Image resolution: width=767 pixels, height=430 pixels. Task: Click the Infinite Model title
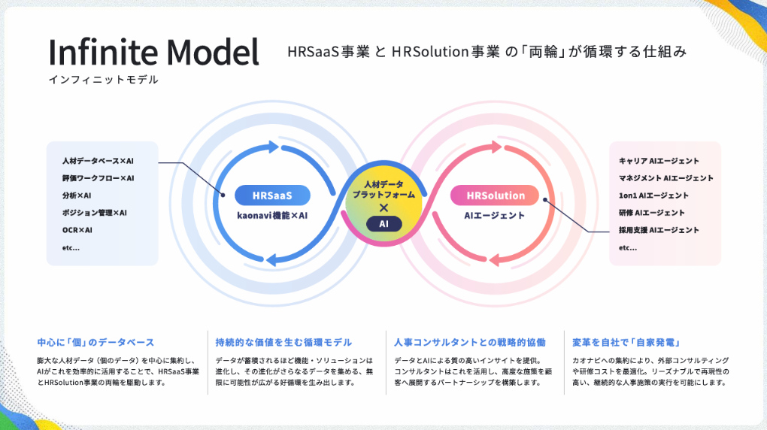153,53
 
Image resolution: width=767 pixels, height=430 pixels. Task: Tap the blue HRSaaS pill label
272,195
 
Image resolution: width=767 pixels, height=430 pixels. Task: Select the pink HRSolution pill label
496,195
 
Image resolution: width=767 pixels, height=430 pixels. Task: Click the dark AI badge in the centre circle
383,223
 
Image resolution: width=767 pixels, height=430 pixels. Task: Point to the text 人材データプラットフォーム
383,189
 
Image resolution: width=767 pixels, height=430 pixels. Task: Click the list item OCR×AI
77,230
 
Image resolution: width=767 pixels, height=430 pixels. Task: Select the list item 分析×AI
77,195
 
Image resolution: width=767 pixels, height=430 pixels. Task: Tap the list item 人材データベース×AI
98,161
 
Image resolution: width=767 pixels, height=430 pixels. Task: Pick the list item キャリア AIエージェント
659,161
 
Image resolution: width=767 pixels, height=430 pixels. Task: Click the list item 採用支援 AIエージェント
659,230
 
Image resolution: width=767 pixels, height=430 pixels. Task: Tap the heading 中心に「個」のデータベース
95,343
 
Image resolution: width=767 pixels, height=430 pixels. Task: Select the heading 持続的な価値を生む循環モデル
283,343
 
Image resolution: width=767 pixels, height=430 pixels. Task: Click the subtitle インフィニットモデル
104,80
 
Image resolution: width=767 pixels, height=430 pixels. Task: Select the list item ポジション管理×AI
95,213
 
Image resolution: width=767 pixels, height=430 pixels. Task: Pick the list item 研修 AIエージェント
651,213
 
